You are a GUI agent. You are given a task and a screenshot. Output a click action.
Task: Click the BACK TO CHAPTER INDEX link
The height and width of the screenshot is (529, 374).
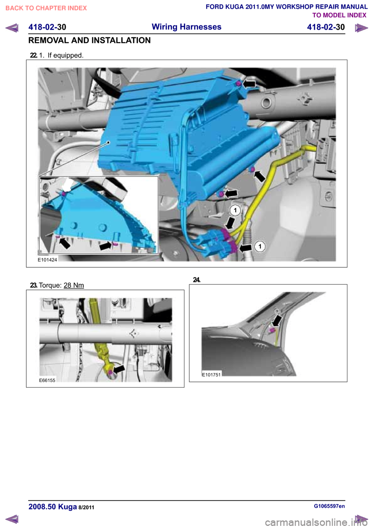[x=46, y=8]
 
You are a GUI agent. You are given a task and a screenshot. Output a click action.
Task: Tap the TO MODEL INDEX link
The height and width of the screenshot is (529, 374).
[x=339, y=15]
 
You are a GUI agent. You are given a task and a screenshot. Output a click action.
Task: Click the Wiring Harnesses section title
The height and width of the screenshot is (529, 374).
[x=187, y=27]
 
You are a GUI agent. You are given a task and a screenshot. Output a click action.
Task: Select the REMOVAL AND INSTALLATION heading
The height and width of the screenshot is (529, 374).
[x=89, y=41]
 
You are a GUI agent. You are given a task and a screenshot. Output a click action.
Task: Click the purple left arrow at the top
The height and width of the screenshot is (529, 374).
[x=12, y=28]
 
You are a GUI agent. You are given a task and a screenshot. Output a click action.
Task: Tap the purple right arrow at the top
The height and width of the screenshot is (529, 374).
[x=361, y=28]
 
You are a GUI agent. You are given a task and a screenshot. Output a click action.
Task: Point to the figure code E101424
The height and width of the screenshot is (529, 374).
[x=48, y=260]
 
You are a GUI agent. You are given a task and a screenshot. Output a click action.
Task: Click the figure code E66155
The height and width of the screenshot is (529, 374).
[x=47, y=380]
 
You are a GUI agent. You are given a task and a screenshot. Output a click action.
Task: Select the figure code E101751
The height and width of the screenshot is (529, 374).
[x=211, y=375]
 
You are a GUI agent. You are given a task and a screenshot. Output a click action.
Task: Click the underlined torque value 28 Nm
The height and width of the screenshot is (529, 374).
[x=74, y=285]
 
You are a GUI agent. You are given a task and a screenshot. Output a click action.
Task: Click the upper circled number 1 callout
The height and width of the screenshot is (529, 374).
[x=235, y=210]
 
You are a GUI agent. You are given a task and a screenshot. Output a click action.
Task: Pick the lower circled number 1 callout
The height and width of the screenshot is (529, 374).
[x=259, y=247]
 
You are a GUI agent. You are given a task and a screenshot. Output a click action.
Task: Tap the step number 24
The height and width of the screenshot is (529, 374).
[x=197, y=280]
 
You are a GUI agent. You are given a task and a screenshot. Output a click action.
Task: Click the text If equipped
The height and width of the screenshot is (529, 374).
[x=65, y=55]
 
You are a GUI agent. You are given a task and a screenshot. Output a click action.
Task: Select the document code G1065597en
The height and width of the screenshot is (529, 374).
[x=330, y=506]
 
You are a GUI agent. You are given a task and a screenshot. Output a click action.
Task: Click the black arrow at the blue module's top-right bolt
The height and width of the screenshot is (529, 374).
[x=250, y=83]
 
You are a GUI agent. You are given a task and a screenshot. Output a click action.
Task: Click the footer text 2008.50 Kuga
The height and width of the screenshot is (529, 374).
[x=53, y=507]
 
